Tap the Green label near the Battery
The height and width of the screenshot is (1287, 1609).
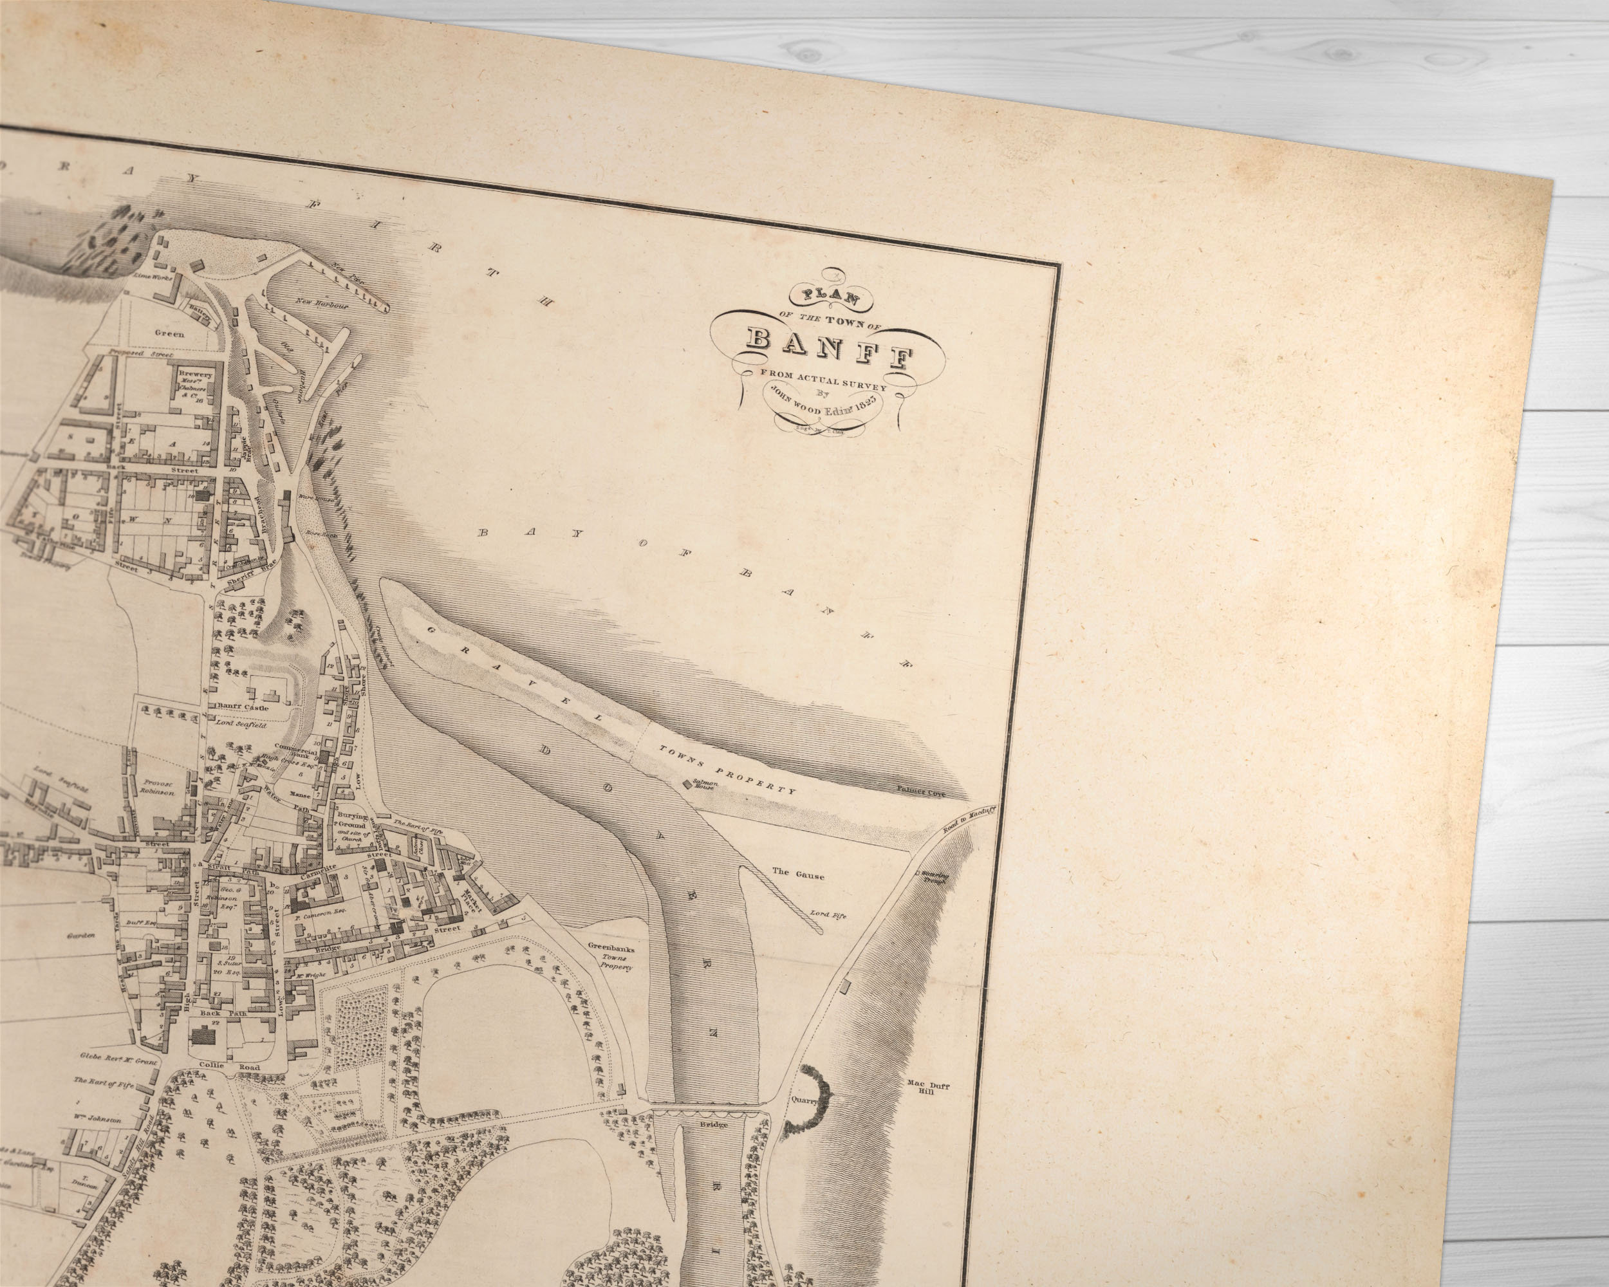coord(169,333)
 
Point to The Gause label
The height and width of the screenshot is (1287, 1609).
coord(798,875)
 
